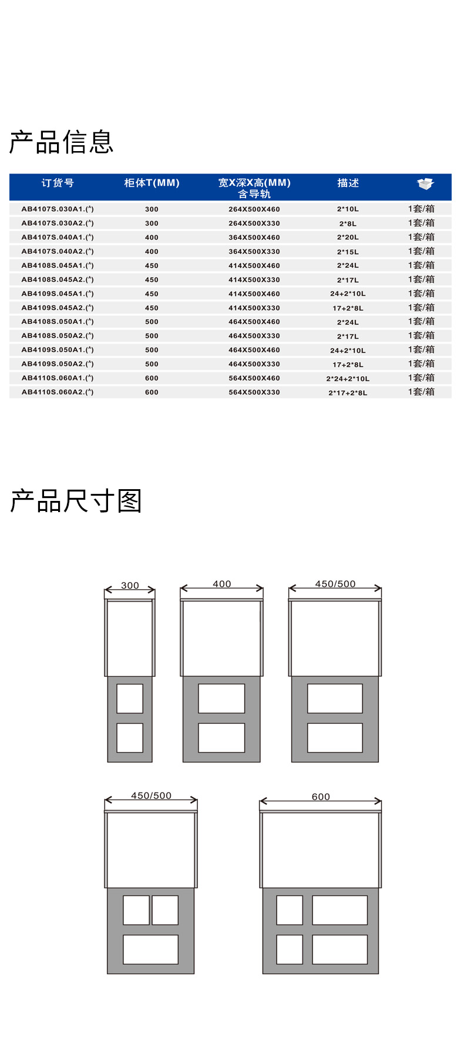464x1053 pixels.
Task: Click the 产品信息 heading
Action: point(61,142)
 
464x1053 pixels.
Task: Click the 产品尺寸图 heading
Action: point(76,501)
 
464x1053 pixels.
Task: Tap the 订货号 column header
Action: point(58,183)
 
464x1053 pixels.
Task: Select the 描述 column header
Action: point(348,183)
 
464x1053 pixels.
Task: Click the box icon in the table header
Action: point(425,183)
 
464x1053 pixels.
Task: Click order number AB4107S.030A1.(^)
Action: point(58,209)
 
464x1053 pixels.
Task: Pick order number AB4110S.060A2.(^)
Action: point(58,392)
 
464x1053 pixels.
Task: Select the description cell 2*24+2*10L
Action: point(348,379)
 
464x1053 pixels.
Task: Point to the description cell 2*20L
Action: point(348,238)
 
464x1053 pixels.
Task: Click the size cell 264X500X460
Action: point(254,209)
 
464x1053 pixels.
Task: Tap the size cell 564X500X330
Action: point(254,392)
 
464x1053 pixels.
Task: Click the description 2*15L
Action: point(348,252)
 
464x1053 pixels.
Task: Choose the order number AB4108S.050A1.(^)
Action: point(58,322)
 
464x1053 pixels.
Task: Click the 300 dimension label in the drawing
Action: point(130,585)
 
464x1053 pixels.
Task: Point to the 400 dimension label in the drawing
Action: point(222,584)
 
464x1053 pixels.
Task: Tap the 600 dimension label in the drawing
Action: point(321,797)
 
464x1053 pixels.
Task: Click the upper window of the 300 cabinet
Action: point(130,698)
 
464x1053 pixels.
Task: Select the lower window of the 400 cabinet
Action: point(221,738)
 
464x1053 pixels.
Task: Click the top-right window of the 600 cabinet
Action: point(340,910)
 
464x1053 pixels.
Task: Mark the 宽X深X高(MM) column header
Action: point(254,183)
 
